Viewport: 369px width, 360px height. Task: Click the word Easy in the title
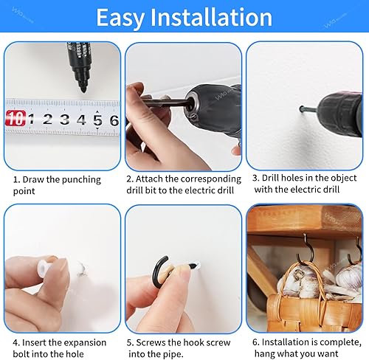coord(120,18)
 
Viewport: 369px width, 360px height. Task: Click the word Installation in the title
coord(211,17)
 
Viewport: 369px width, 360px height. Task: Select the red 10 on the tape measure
coord(15,118)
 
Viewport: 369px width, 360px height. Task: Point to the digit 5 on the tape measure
coord(97,120)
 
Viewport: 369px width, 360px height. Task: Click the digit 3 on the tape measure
coord(64,120)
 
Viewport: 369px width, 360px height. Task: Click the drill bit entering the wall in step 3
coord(308,109)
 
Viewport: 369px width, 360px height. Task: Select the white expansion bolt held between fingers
coord(45,267)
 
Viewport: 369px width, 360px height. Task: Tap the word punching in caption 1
coord(81,180)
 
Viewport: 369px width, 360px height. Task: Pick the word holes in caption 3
coord(292,178)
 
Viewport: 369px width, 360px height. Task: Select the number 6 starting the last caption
coord(255,342)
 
